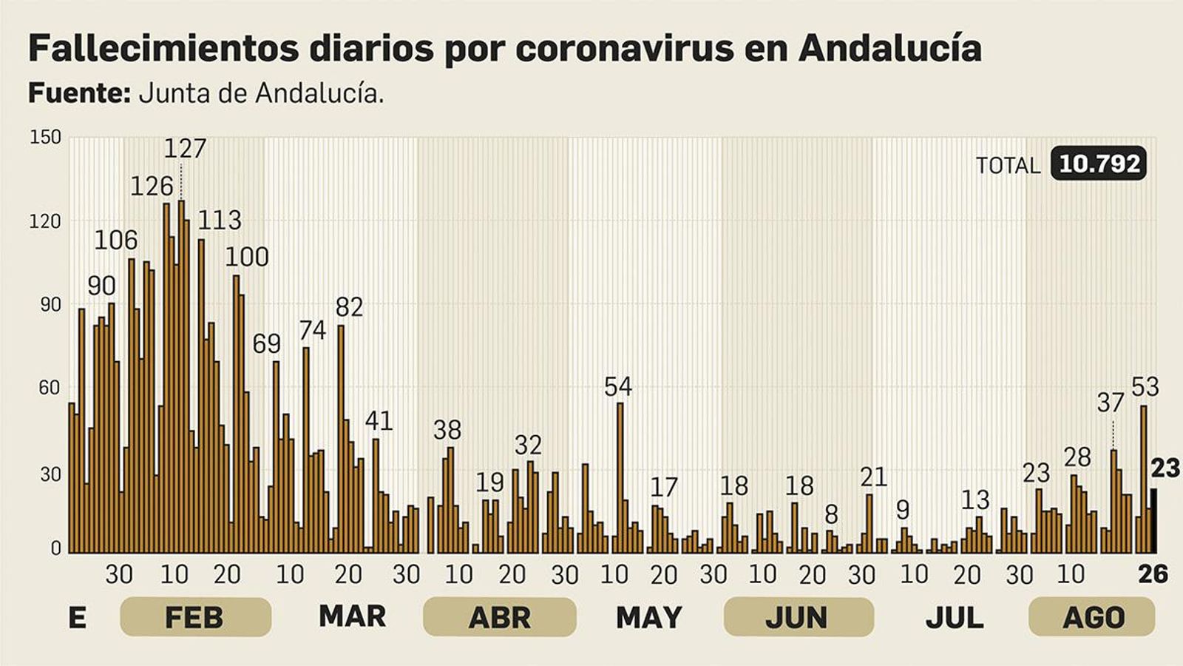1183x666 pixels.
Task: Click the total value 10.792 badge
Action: click(x=1099, y=164)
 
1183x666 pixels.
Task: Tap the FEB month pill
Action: click(x=195, y=617)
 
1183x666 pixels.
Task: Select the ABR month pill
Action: click(x=499, y=617)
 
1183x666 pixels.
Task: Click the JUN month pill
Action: click(x=798, y=617)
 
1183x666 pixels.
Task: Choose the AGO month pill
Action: click(x=1091, y=617)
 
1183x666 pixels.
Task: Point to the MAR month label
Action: click(x=352, y=616)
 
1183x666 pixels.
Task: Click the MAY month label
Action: click(x=648, y=617)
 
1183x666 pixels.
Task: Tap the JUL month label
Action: click(x=954, y=617)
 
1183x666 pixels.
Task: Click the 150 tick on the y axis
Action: click(x=45, y=138)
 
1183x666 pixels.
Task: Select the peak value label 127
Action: click(x=184, y=149)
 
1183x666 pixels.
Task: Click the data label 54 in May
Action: click(x=618, y=386)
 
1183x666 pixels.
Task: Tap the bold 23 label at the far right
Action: click(x=1165, y=468)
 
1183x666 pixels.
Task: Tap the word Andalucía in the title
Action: click(x=889, y=49)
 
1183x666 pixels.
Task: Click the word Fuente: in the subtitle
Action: click(x=79, y=93)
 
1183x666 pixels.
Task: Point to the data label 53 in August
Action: click(x=1145, y=386)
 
